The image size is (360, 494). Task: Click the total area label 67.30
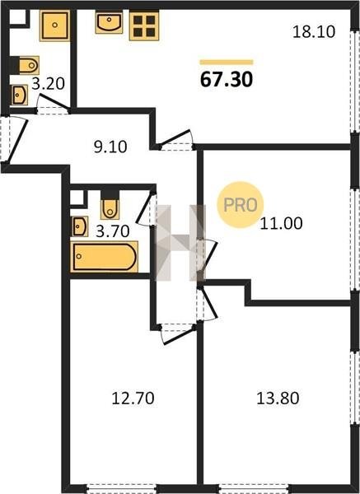pos(227,79)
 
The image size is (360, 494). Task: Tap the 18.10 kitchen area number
pos(314,32)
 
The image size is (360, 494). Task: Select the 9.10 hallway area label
pos(110,147)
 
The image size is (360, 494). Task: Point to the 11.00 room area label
pos(281,223)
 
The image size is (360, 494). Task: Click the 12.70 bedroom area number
pos(133,398)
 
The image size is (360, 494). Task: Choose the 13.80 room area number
pos(278,398)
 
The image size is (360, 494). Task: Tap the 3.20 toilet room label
pos(49,83)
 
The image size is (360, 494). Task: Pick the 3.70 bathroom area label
pos(113,231)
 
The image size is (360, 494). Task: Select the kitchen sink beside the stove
pos(109,22)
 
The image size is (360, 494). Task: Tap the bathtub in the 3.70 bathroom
pos(105,257)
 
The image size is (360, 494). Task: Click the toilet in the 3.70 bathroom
pos(110,205)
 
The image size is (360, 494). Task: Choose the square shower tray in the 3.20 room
pos(55,26)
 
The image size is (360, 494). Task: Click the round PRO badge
pos(241,205)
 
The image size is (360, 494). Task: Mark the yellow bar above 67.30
pos(227,62)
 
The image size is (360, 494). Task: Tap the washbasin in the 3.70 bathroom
pos(80,226)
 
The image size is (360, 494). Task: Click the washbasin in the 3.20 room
pos(19,95)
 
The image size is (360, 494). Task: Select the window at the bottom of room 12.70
pos(121,488)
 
